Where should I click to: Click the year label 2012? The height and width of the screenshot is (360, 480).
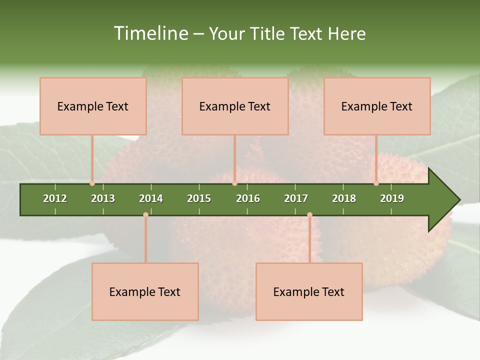pyautogui.click(x=55, y=198)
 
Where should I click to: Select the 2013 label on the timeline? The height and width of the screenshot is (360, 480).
pyautogui.click(x=103, y=198)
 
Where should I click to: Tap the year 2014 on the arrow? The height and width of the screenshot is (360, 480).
pyautogui.click(x=151, y=198)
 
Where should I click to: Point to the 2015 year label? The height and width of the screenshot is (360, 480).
pyautogui.click(x=199, y=198)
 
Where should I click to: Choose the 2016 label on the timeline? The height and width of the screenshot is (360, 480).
pyautogui.click(x=248, y=198)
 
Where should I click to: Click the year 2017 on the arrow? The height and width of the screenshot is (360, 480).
pyautogui.click(x=296, y=198)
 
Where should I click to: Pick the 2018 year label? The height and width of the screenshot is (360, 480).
pyautogui.click(x=344, y=198)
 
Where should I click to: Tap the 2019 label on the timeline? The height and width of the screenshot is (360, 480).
pyautogui.click(x=392, y=198)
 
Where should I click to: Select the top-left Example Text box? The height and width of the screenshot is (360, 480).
pyautogui.click(x=93, y=106)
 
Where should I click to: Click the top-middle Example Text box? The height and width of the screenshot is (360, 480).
pyautogui.click(x=235, y=106)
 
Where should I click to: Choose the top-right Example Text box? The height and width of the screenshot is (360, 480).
pyautogui.click(x=377, y=106)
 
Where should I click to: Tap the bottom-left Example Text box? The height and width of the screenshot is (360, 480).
pyautogui.click(x=145, y=291)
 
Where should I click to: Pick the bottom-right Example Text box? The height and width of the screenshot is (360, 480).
pyautogui.click(x=309, y=291)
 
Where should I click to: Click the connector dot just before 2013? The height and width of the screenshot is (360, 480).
pyautogui.click(x=92, y=183)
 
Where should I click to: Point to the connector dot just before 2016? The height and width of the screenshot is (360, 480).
pyautogui.click(x=235, y=183)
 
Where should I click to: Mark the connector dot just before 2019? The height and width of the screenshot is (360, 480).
pyautogui.click(x=376, y=183)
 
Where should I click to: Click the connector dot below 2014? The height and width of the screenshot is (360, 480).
pyautogui.click(x=145, y=215)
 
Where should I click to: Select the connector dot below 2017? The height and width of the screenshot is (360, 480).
pyautogui.click(x=309, y=215)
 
